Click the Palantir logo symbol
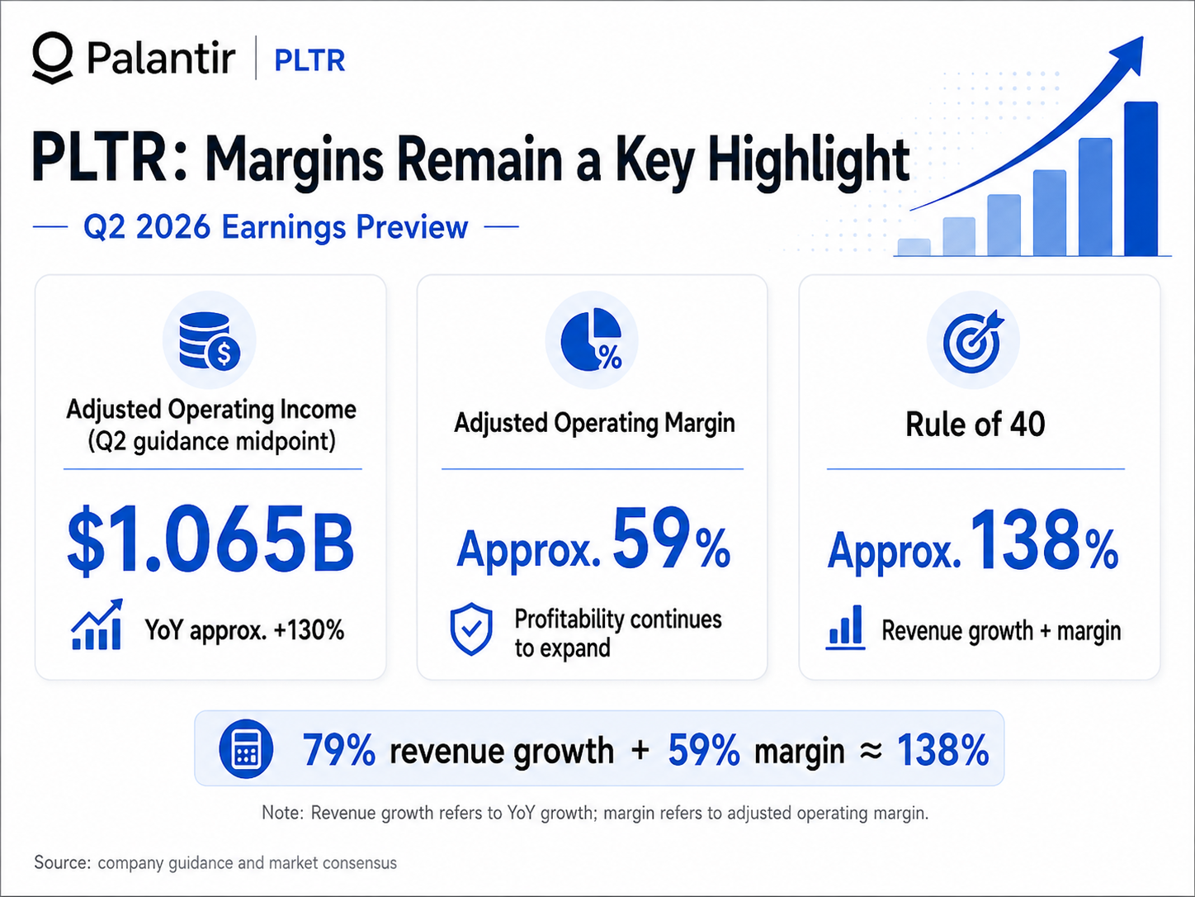52,57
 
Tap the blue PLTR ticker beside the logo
309,60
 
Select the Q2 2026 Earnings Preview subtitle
276,226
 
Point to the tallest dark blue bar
1141,178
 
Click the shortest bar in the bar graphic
914,247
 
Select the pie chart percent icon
592,339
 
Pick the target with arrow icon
973,341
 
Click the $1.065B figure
210,540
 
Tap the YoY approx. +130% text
244,630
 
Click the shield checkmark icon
471,629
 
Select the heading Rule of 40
975,425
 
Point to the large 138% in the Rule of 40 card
1044,541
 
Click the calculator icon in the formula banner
246,749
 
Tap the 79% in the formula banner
339,750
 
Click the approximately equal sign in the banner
871,751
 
